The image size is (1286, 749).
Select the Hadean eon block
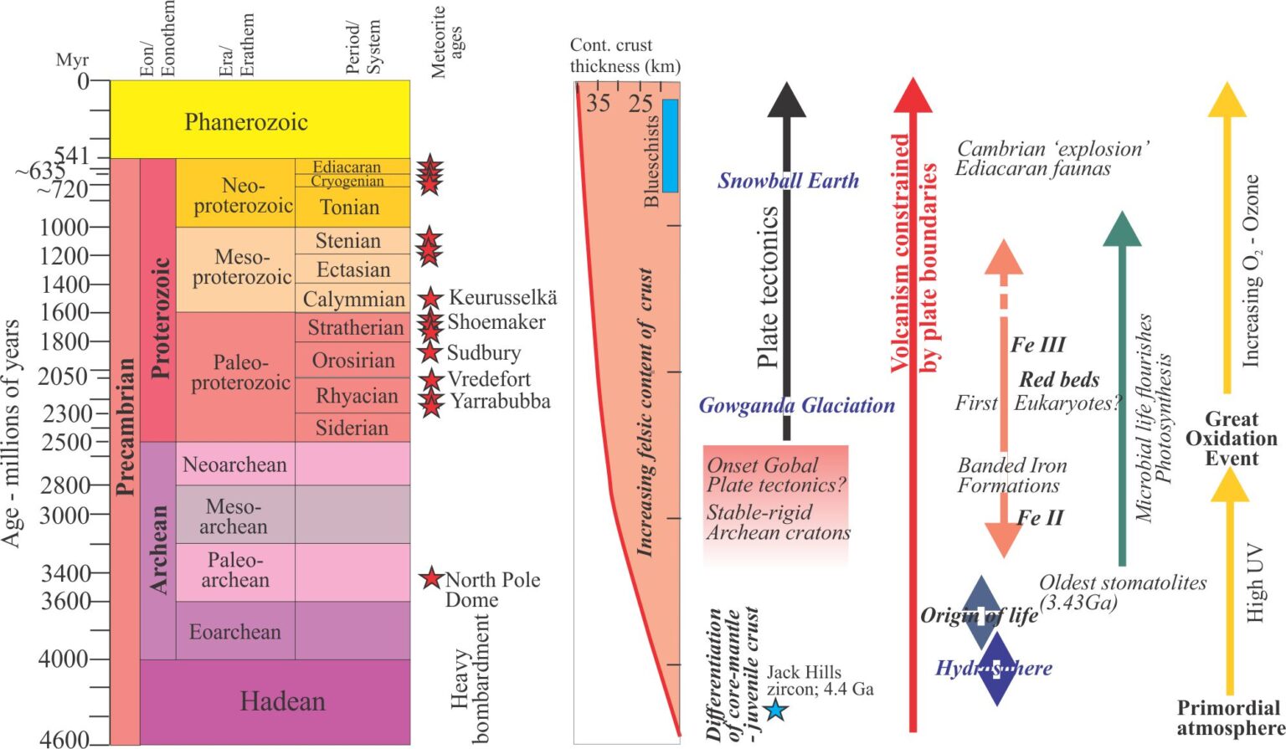coord(282,701)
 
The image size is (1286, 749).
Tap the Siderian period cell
coord(352,428)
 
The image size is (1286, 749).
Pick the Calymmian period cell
coord(353,299)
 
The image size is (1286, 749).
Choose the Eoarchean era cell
coord(234,631)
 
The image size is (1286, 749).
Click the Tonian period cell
coord(350,207)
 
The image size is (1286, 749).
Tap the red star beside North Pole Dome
coord(431,577)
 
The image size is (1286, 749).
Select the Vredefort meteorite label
coord(489,379)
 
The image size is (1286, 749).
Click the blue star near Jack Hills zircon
coord(775,710)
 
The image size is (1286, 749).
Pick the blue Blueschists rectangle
coord(670,146)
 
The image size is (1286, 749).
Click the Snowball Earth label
coord(788,181)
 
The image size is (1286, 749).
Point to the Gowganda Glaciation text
coord(796,406)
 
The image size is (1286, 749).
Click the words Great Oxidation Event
coord(1231,439)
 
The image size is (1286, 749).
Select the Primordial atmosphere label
coord(1230,718)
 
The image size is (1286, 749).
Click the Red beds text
coord(1058,379)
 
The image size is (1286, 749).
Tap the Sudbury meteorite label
coord(483,353)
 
